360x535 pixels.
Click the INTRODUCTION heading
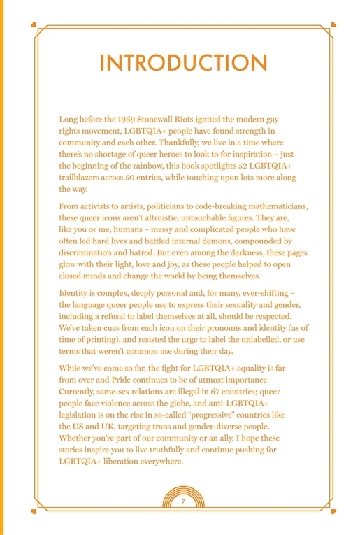click(x=183, y=62)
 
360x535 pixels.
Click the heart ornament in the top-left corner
click(x=32, y=25)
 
